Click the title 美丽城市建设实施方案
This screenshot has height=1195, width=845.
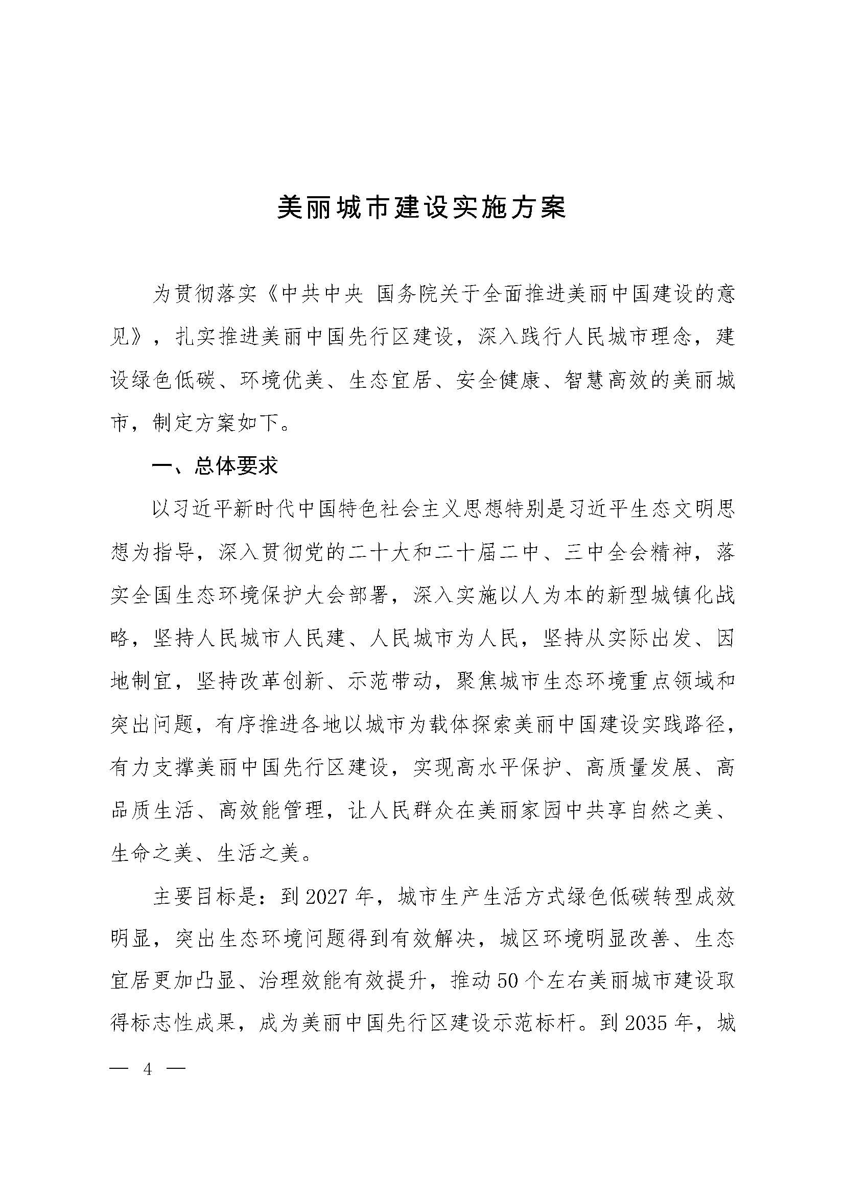[x=421, y=208]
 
